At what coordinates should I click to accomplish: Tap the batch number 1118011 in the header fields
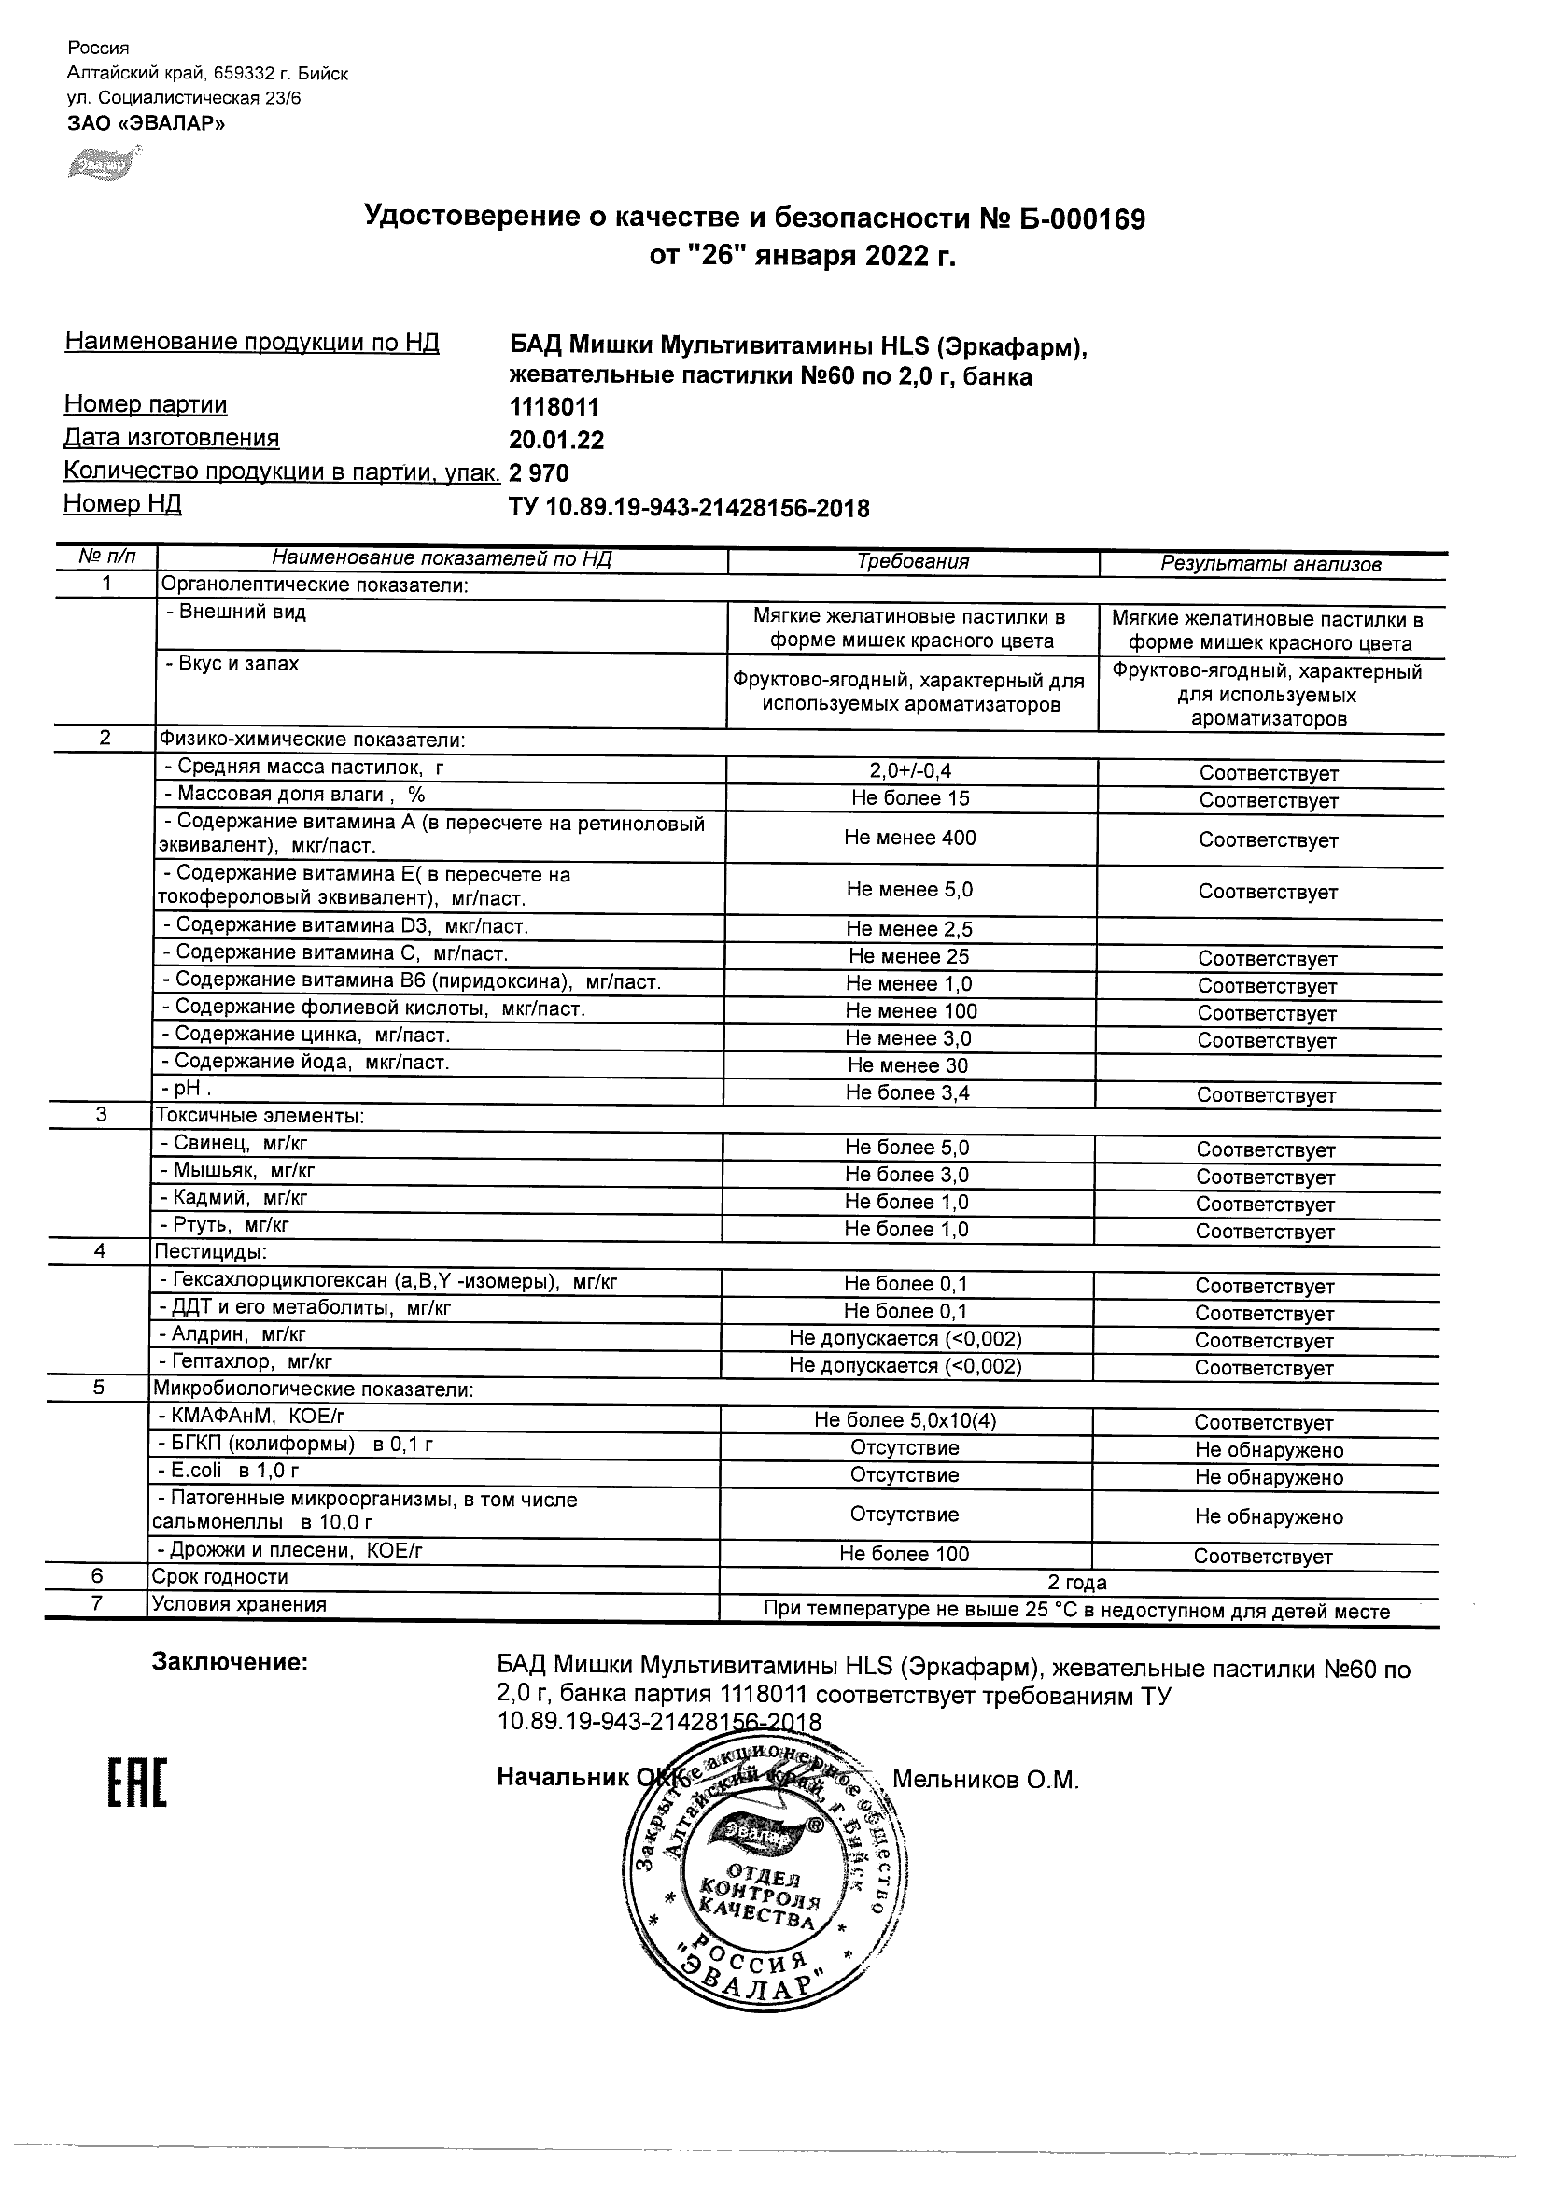(x=554, y=407)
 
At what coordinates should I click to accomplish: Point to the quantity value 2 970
(x=540, y=473)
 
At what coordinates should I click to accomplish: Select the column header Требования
(x=912, y=561)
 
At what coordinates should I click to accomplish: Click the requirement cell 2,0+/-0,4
(x=910, y=772)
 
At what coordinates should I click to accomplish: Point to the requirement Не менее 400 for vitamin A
(x=909, y=838)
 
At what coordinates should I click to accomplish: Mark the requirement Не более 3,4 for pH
(x=907, y=1093)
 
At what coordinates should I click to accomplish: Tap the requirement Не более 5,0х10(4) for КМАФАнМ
(x=905, y=1421)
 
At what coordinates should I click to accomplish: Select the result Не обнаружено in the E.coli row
(x=1269, y=1477)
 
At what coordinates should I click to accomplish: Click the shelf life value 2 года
(x=1077, y=1583)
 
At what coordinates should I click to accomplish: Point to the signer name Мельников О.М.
(x=986, y=1780)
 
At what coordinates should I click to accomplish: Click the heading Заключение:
(x=231, y=1662)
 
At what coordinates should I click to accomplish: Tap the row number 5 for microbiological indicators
(x=99, y=1388)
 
